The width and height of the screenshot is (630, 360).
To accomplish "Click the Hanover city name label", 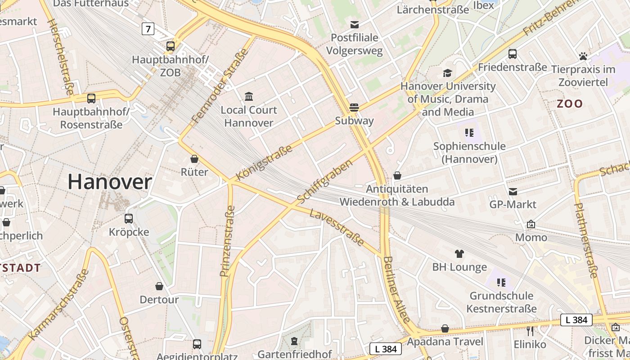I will coord(110,182).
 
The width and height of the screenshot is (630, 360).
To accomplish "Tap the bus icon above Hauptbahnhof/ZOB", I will coord(171,46).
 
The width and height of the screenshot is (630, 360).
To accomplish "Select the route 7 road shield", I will coord(148,29).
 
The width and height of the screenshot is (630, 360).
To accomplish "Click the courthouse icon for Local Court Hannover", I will coord(249,96).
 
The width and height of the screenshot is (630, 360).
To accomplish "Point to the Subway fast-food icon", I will coord(354,108).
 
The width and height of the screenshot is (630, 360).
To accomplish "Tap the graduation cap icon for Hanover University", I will coord(447,73).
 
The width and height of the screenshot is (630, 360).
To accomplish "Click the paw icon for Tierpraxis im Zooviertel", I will coord(583,56).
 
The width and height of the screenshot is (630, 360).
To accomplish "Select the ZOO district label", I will coord(570,104).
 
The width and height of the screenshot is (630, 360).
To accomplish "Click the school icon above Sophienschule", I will coord(469,133).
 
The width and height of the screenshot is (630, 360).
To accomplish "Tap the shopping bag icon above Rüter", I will coord(194,159).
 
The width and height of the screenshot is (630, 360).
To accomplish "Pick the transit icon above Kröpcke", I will coord(129,219).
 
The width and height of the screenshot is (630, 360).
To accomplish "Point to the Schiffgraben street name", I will coord(325,181).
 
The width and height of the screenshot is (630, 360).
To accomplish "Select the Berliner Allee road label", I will coord(397,289).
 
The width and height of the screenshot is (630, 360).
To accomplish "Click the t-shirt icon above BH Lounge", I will coord(459,254).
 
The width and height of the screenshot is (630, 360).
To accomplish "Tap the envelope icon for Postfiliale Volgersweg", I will coord(355,24).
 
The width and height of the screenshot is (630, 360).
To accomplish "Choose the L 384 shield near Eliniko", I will coord(576,320).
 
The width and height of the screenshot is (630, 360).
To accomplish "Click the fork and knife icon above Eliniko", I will coord(530,331).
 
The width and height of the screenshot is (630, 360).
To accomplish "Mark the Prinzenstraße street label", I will coord(228,241).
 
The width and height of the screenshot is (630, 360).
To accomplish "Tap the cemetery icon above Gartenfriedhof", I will coord(294,341).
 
